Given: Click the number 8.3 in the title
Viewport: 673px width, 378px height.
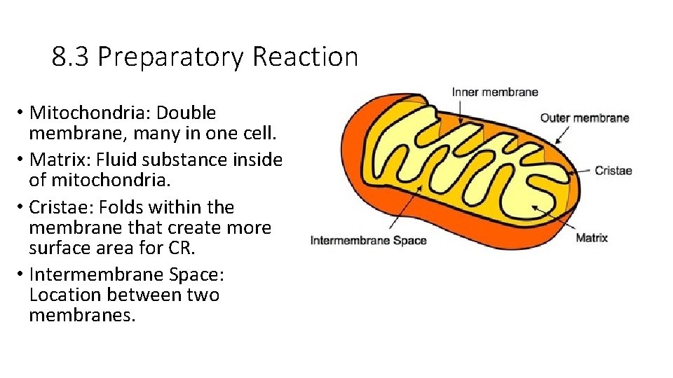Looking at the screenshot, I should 71,57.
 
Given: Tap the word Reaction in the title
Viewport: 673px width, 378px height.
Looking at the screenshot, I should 305,57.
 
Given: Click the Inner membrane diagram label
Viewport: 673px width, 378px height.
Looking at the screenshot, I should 495,92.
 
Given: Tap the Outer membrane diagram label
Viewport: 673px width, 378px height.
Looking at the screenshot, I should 585,118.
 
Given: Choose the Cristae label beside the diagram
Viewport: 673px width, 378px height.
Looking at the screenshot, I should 613,170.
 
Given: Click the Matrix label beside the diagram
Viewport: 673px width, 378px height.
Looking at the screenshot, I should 592,238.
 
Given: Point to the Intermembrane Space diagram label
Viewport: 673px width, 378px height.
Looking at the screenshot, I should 368,241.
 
